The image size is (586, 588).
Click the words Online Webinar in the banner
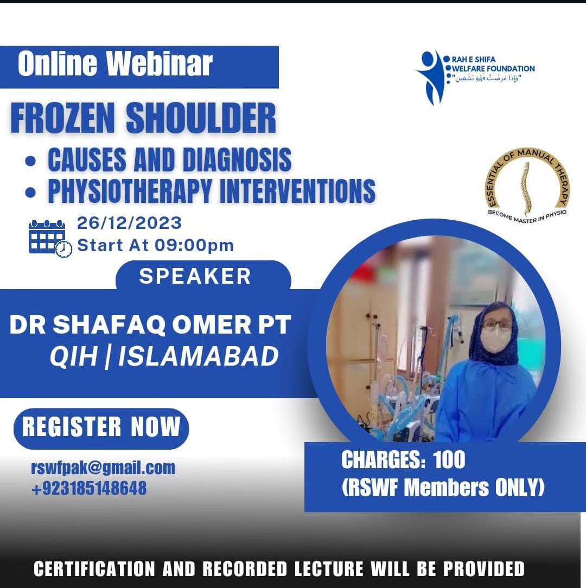115,64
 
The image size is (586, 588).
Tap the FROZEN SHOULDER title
143,118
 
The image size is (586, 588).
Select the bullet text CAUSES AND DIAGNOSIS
170,159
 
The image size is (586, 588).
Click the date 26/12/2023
130,223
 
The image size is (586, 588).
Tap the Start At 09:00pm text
155,245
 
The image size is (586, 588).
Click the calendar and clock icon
50,239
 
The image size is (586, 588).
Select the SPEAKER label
195,277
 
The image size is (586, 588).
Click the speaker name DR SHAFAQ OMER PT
150,324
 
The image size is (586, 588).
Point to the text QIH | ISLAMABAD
164,356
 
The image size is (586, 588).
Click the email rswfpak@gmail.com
103,468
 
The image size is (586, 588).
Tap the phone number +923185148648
90,488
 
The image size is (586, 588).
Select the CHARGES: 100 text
403,459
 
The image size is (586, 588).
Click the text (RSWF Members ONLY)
443,488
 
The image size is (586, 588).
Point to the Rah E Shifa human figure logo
430,77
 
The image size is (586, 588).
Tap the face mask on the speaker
495,339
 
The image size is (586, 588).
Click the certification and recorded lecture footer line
279,568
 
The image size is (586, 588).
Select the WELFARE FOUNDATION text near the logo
493,69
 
